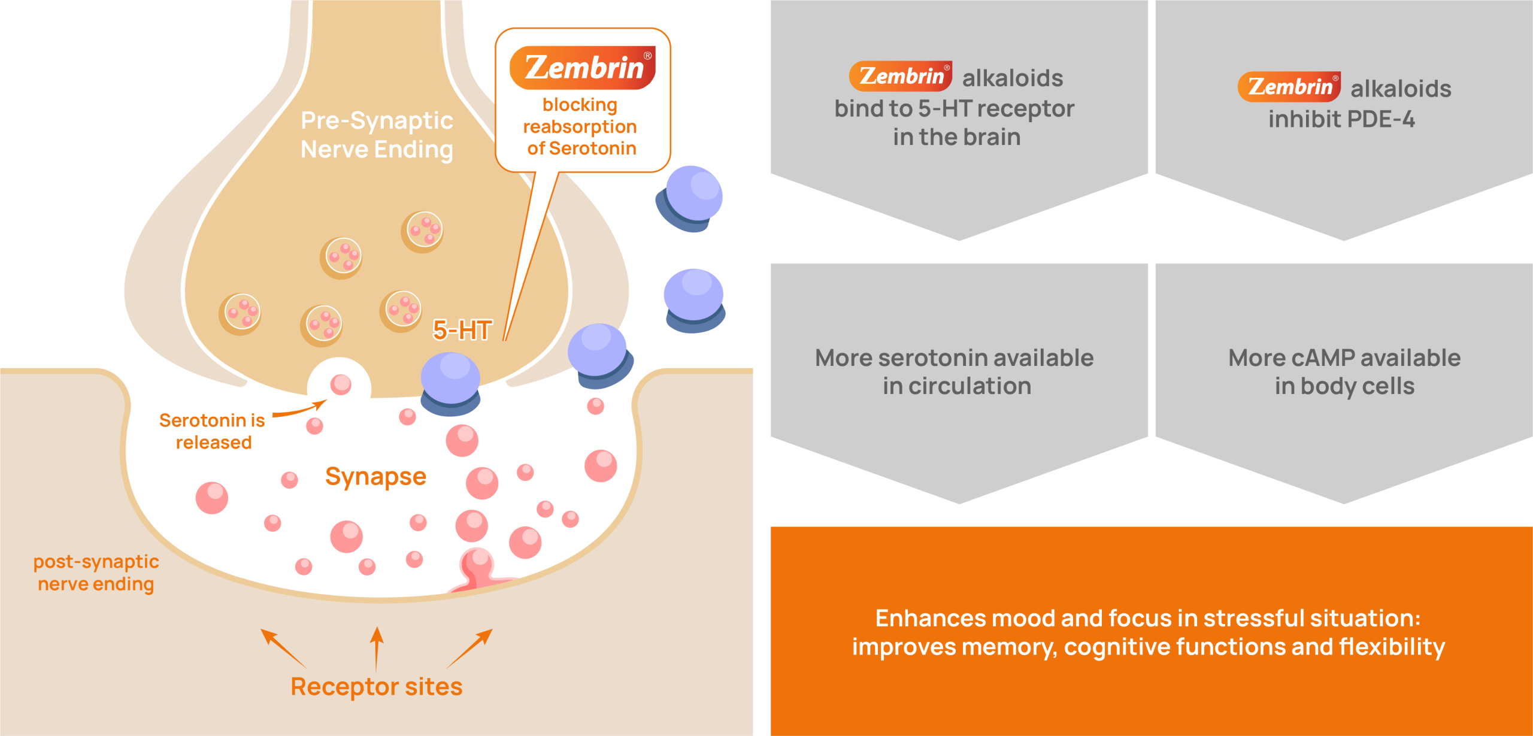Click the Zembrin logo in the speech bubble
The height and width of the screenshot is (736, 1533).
coord(582,67)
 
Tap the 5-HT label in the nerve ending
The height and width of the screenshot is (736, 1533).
coord(462,330)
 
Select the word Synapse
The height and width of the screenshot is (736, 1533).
coord(375,477)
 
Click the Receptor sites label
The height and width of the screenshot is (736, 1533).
coord(376,687)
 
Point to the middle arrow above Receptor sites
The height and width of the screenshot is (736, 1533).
coord(377,648)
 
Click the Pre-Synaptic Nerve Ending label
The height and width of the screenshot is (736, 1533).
coord(377,135)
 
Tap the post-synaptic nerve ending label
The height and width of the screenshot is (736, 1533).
coord(96,573)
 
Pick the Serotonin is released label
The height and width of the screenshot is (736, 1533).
coord(213,431)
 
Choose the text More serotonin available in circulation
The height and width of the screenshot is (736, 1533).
coord(955,372)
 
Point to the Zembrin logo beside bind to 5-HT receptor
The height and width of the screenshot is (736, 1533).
coord(900,76)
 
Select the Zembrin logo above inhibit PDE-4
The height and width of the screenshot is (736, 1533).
coord(1289,87)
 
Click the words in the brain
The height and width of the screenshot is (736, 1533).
coord(956,137)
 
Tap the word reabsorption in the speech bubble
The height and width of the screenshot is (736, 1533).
coord(580,127)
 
